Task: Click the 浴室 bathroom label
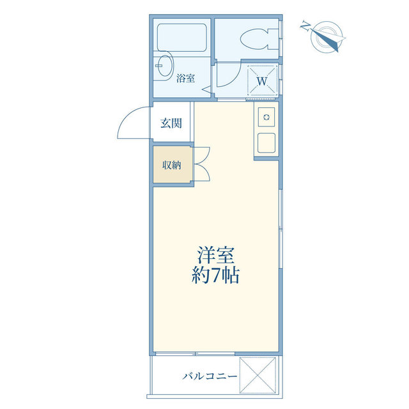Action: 185,78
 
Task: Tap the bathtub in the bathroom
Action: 181,38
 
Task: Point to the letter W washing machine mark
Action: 262,81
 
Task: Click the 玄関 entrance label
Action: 171,123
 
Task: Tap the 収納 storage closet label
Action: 172,165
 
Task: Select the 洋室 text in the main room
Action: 215,255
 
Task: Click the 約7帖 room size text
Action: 215,275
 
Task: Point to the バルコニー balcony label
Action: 210,376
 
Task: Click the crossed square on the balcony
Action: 258,375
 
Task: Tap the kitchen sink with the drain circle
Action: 266,117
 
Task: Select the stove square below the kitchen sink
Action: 266,143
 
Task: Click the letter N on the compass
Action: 305,26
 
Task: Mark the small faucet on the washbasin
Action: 158,66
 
